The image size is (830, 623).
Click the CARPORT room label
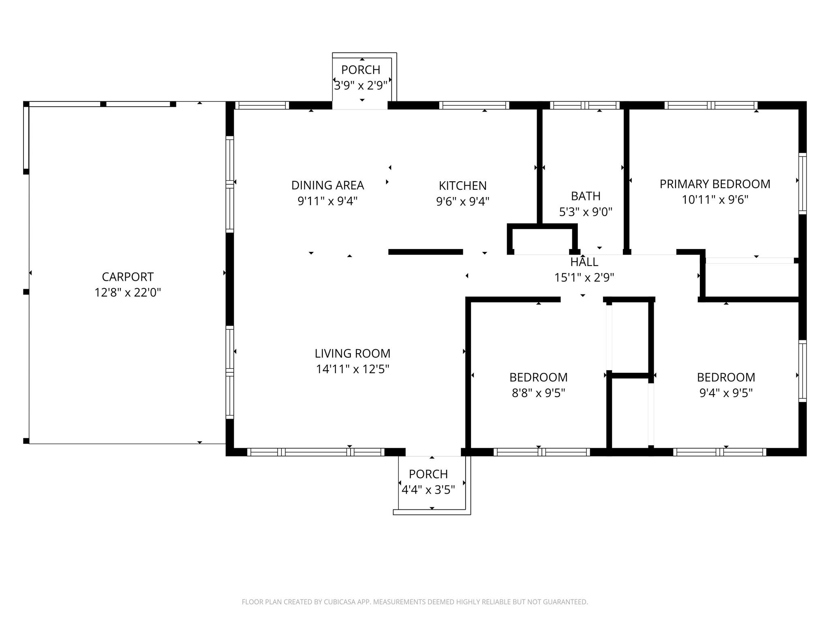coord(128,277)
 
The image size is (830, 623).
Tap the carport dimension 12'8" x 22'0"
coord(128,292)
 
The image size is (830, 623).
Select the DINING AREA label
coord(327,185)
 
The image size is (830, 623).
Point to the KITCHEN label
coord(462,186)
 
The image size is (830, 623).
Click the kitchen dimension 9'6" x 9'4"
coord(462,201)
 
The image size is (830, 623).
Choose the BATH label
coord(586,196)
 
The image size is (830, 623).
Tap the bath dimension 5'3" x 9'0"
coord(586,212)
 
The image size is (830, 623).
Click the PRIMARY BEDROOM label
coord(715,184)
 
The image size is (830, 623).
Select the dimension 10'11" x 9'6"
coord(715,200)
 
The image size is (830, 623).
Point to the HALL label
coord(584,262)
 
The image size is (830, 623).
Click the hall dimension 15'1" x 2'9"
coord(584,277)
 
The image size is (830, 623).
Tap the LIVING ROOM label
coord(353,354)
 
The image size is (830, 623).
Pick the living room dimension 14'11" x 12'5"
coord(353,369)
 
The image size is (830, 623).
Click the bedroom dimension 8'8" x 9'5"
coord(539,393)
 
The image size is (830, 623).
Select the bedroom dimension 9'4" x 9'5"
coord(726,393)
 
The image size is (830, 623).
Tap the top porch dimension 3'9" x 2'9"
coord(361,86)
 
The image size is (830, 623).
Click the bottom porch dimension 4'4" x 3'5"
coord(428,490)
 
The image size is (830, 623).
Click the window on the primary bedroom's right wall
coord(802,183)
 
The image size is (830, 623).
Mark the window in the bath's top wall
coord(585,105)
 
